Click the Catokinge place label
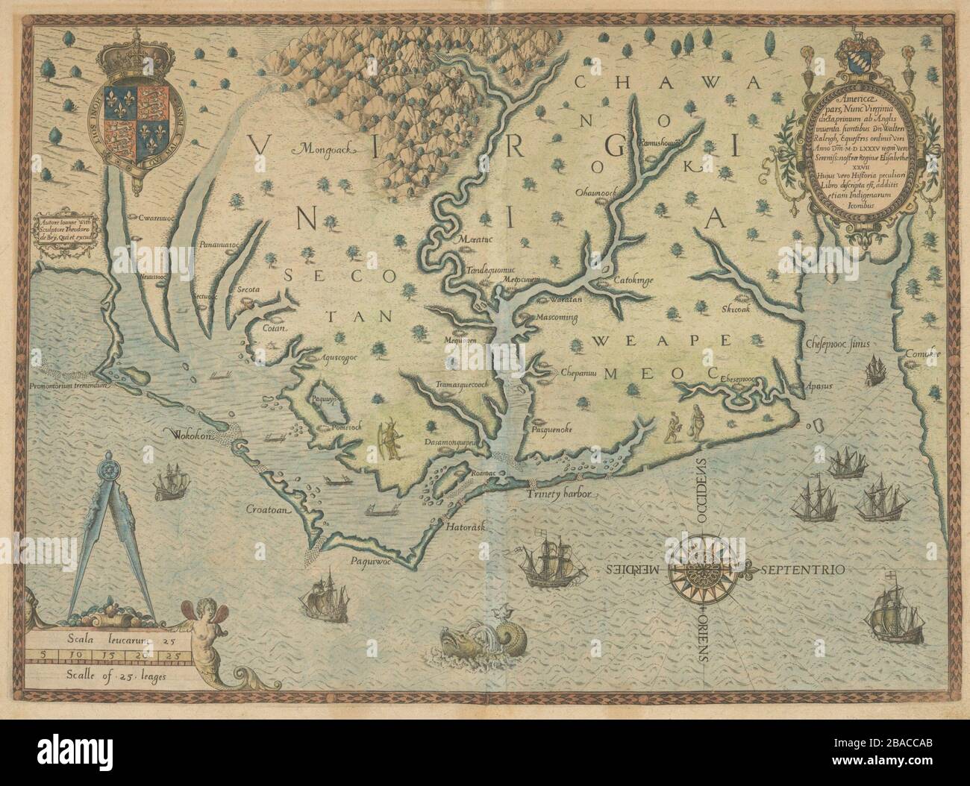pos(633,280)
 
